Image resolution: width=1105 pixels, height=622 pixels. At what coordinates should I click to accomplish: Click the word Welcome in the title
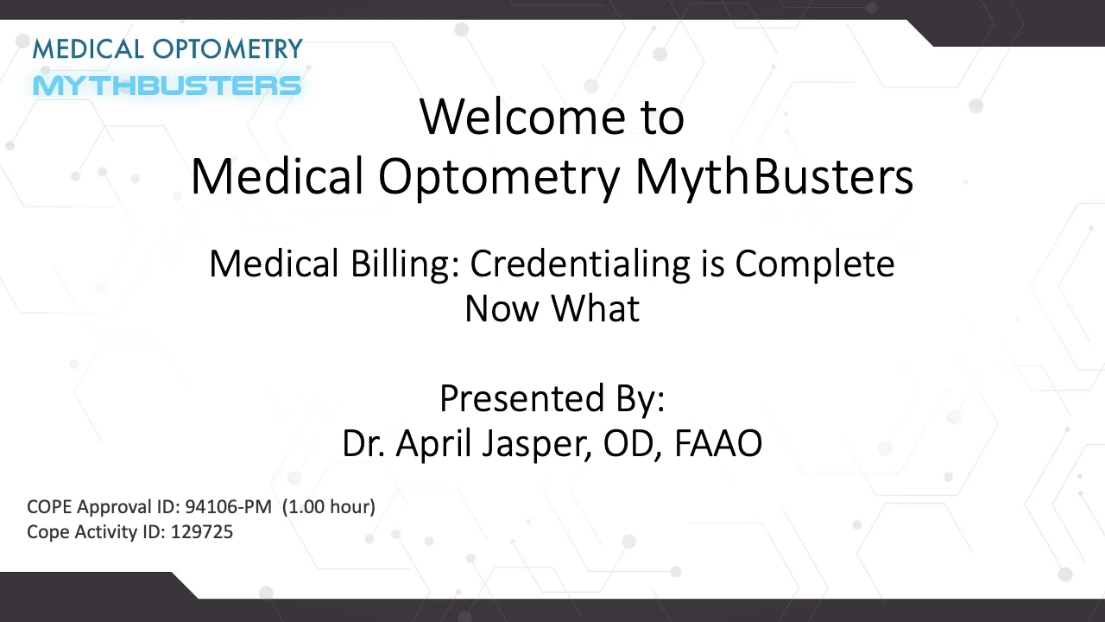click(523, 117)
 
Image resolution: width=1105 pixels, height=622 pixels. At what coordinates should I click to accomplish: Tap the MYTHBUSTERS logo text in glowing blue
click(167, 86)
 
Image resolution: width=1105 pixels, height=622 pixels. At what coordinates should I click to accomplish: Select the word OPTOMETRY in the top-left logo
click(227, 49)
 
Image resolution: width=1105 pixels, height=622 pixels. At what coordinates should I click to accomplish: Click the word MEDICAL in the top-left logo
click(88, 49)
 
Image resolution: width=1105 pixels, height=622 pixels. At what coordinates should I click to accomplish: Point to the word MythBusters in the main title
click(774, 177)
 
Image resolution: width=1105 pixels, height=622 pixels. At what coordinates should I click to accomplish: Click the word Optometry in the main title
click(499, 178)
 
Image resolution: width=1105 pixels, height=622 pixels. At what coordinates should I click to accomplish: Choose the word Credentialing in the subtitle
click(580, 264)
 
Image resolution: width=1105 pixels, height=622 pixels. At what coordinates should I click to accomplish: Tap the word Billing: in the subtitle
click(405, 263)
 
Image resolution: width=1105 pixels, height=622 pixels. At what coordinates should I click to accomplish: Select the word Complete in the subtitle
click(815, 265)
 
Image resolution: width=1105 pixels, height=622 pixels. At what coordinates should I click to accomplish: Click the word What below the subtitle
click(596, 308)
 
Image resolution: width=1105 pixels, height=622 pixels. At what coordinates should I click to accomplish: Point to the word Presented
click(522, 398)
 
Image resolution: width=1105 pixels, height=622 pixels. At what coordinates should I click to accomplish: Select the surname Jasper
click(537, 444)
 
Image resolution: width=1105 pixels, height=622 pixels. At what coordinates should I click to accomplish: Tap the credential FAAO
click(718, 443)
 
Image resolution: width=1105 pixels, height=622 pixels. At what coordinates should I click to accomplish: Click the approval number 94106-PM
click(229, 507)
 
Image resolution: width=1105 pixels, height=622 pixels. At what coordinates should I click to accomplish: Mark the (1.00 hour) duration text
click(329, 507)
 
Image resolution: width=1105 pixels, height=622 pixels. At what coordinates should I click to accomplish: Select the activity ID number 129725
click(202, 532)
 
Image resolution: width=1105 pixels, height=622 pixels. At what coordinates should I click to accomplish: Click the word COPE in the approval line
click(49, 507)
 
